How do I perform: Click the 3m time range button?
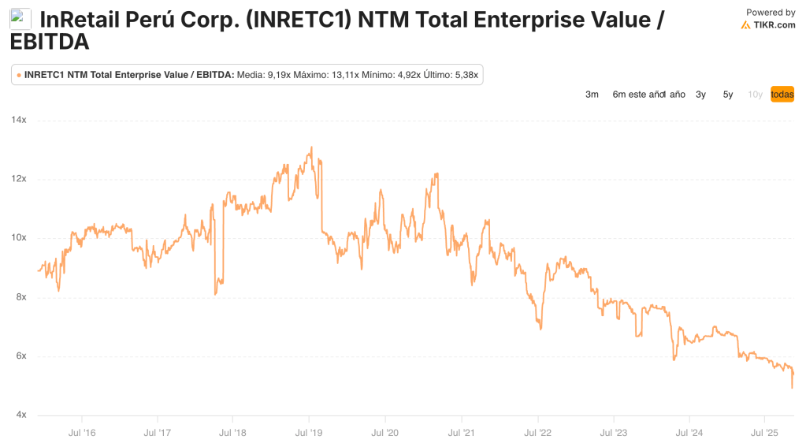[592, 95]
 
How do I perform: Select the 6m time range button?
[619, 95]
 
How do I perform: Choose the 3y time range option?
[700, 95]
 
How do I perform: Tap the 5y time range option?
[728, 95]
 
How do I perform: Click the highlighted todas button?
[782, 95]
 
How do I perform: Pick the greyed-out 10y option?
[755, 95]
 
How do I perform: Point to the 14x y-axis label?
[19, 120]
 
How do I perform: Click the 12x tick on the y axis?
[19, 179]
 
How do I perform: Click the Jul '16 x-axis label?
[83, 432]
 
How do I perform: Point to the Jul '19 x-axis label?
[309, 432]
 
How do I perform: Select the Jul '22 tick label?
[537, 432]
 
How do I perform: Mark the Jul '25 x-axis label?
[765, 432]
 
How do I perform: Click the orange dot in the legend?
[19, 75]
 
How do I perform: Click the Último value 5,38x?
[464, 75]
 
